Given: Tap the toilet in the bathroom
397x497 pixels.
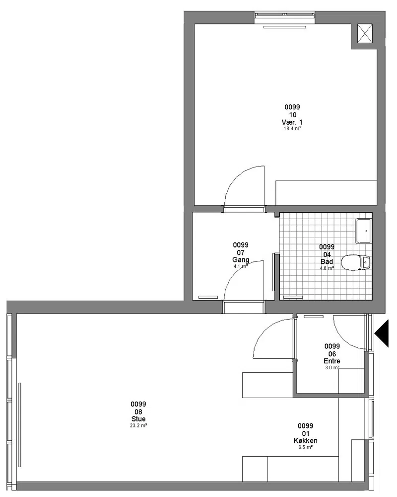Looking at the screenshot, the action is click(355, 262).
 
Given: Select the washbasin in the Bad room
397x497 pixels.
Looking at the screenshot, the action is click(363, 231).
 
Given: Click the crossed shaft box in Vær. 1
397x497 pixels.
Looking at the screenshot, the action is click(365, 33).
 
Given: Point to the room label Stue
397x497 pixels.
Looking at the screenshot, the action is click(138, 419).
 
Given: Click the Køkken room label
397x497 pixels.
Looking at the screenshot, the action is click(306, 440).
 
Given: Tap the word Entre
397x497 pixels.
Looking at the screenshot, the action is click(332, 361).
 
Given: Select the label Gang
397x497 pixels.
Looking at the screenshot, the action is click(241, 259).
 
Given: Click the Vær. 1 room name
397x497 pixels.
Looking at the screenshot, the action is click(292, 122).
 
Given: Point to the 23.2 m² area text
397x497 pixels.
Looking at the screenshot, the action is click(138, 426).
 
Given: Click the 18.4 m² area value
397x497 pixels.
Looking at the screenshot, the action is click(292, 129).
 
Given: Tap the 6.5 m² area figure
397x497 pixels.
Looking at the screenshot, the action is click(306, 447).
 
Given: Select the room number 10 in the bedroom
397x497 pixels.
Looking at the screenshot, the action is click(292, 115).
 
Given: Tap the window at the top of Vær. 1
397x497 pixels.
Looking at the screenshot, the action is click(285, 14).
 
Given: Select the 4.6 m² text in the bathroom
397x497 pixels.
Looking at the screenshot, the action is click(327, 268).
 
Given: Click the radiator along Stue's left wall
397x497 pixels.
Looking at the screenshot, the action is click(20, 425).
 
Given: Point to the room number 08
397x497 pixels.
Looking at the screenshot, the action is click(138, 412).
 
